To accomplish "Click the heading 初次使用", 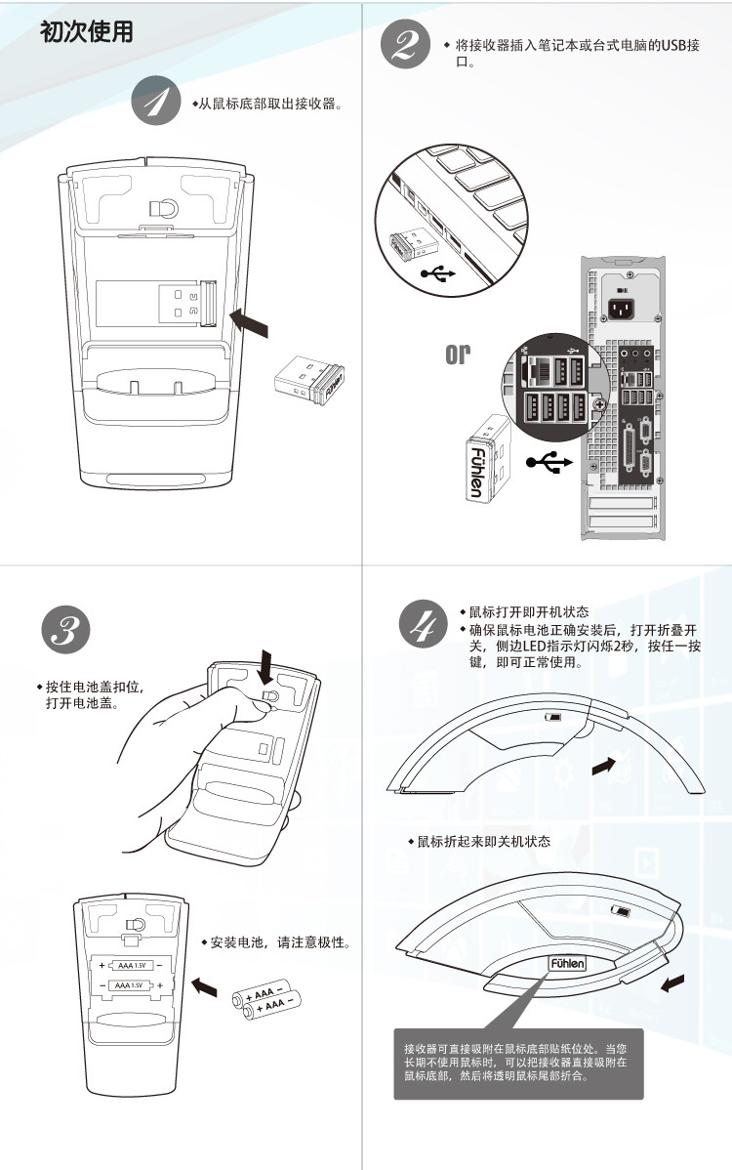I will pos(86,32).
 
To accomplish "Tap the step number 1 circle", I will pos(156,101).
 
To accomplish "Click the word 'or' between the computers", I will pos(458,354).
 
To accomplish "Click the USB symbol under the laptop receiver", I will pos(437,274).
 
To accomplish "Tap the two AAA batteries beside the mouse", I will pos(266,997).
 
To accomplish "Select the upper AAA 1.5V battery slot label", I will pos(131,965).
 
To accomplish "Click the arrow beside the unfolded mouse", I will pos(605,767).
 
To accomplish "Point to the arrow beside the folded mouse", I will pos(672,982).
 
